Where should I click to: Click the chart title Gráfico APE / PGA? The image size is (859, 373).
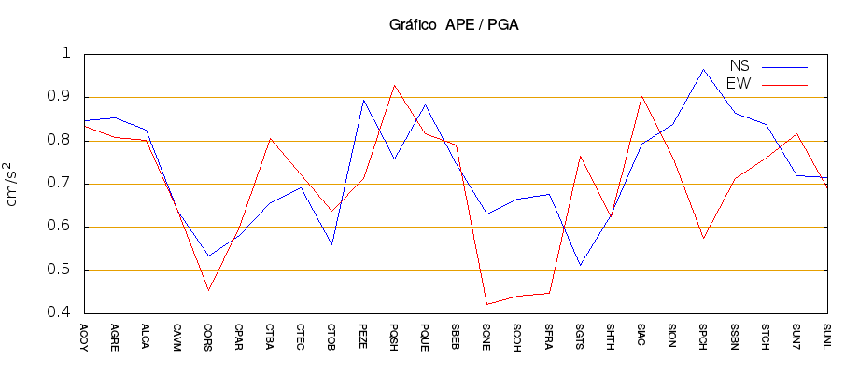click(x=454, y=25)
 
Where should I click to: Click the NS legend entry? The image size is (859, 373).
click(x=739, y=66)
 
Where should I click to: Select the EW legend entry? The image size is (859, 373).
click(x=739, y=84)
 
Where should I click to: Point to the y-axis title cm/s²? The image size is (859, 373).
click(x=12, y=184)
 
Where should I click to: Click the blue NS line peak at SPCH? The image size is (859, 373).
click(x=703, y=69)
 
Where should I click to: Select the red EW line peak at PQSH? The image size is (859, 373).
click(x=394, y=85)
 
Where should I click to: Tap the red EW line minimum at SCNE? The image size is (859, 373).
click(x=486, y=304)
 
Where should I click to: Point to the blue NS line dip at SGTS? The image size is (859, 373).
click(x=580, y=265)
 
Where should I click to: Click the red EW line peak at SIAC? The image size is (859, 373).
click(x=641, y=96)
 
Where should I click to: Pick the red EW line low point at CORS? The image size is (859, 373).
click(x=208, y=290)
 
